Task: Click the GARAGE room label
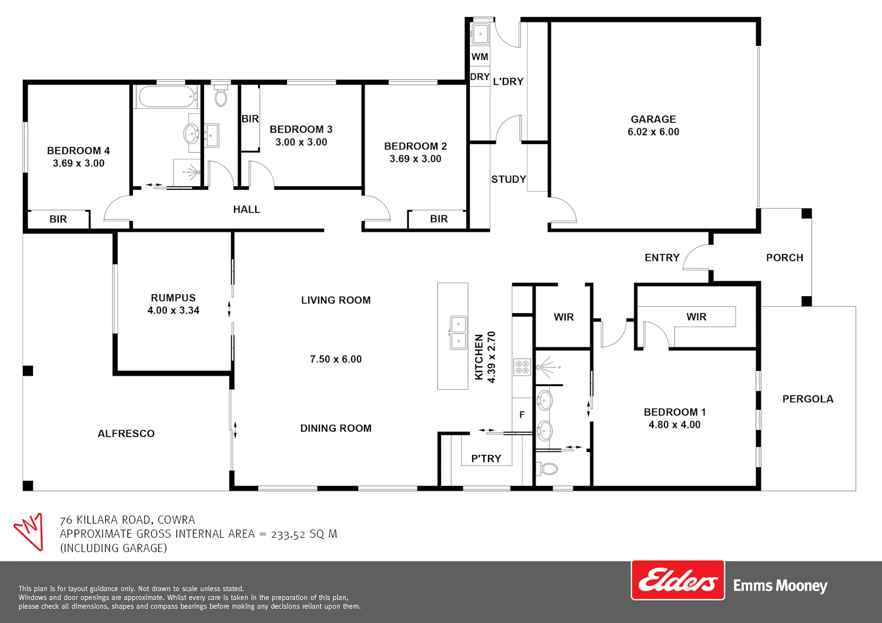click(x=653, y=119)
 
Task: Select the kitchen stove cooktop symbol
click(x=522, y=367)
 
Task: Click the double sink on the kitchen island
click(x=458, y=333)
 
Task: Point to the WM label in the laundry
click(x=480, y=57)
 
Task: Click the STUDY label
click(x=509, y=179)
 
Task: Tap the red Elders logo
click(x=677, y=580)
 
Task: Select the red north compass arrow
click(x=29, y=531)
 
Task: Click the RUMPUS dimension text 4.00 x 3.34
click(x=173, y=310)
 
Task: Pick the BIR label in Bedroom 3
click(x=250, y=119)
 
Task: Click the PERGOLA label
click(x=807, y=399)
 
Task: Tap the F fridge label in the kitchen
click(x=522, y=415)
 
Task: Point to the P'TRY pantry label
click(x=486, y=458)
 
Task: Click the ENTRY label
click(x=662, y=258)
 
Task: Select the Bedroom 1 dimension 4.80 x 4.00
click(x=674, y=425)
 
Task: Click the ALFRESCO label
click(x=126, y=434)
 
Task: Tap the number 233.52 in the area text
click(x=288, y=534)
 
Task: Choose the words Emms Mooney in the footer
click(x=780, y=585)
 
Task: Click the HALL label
click(x=246, y=209)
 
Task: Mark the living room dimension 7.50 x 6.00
click(x=336, y=359)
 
